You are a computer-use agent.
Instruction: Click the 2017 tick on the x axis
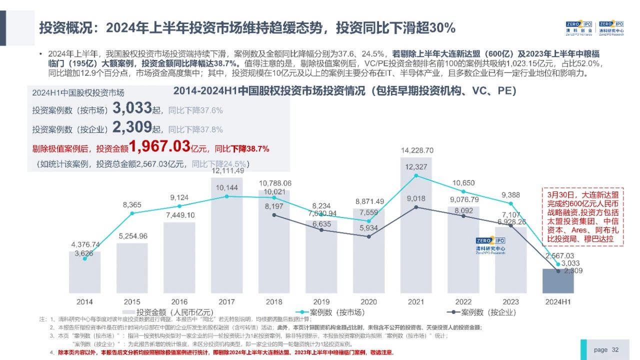point(226,302)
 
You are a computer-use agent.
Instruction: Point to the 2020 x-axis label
point(368,302)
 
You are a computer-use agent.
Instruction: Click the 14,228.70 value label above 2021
point(416,150)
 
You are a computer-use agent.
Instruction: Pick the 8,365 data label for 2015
point(132,204)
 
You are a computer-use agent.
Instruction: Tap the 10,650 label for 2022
point(463,183)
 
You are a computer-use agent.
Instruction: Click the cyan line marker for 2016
point(179,205)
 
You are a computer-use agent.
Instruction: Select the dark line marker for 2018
point(274,215)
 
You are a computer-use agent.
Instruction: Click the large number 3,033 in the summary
point(132,108)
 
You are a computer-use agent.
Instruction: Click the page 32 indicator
point(606,349)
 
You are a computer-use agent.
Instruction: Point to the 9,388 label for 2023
point(511,195)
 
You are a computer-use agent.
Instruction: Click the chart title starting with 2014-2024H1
point(344,91)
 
